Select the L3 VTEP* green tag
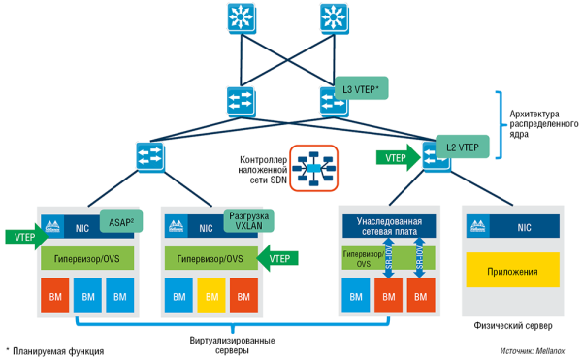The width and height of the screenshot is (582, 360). [x=362, y=90]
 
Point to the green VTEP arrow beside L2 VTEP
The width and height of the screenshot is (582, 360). [x=402, y=155]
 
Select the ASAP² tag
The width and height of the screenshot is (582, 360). [x=120, y=220]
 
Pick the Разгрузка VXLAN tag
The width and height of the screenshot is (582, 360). [x=246, y=220]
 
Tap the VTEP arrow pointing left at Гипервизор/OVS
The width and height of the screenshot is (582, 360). [x=278, y=258]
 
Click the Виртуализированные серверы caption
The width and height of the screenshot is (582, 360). [x=230, y=344]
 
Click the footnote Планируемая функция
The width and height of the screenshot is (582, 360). [x=59, y=350]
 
